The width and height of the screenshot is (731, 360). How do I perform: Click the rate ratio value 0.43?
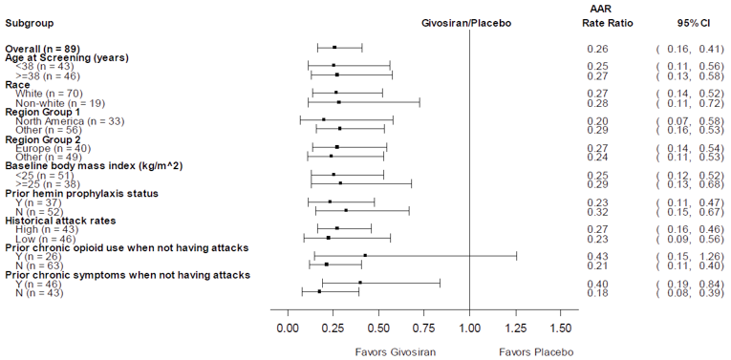[x=598, y=256]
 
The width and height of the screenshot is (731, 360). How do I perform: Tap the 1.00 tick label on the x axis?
[x=469, y=328]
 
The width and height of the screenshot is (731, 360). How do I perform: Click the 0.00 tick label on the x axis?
[x=287, y=328]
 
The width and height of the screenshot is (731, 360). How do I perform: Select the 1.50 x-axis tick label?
[x=560, y=328]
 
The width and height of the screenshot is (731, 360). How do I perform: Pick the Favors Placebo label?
[x=536, y=350]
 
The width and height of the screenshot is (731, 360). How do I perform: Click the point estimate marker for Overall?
[x=334, y=48]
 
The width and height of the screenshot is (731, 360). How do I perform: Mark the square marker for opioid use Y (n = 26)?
[x=365, y=256]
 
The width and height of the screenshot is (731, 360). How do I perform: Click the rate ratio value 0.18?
[x=598, y=292]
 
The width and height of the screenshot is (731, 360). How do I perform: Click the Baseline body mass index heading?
[x=94, y=166]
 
